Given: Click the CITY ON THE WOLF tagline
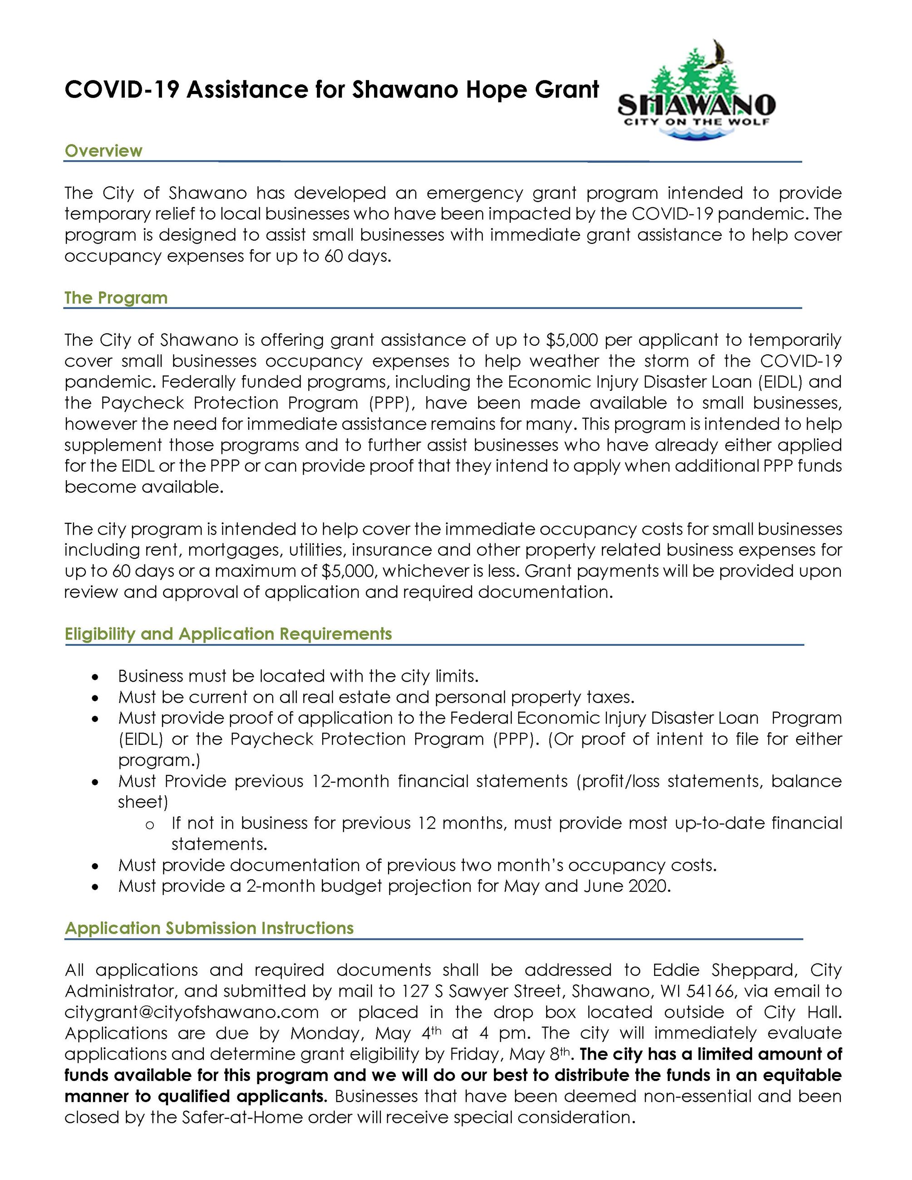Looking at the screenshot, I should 697,122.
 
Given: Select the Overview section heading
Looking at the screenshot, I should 103,151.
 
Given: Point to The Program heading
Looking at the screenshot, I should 116,298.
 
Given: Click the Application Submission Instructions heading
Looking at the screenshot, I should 209,928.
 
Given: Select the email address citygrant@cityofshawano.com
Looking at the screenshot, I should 191,1012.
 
